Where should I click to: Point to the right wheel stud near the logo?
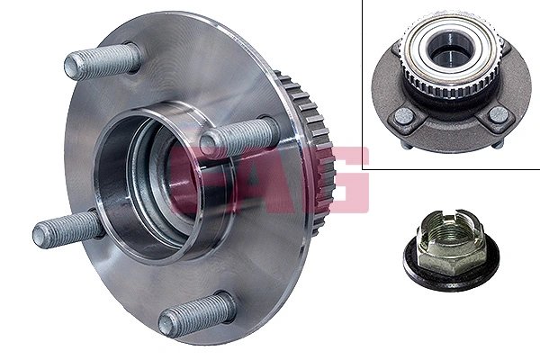coord(238,138)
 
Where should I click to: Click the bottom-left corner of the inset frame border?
coord(364,168)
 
